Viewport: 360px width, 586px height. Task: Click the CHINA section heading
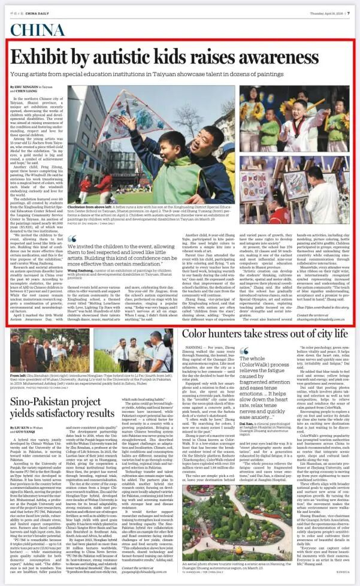[38, 31]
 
